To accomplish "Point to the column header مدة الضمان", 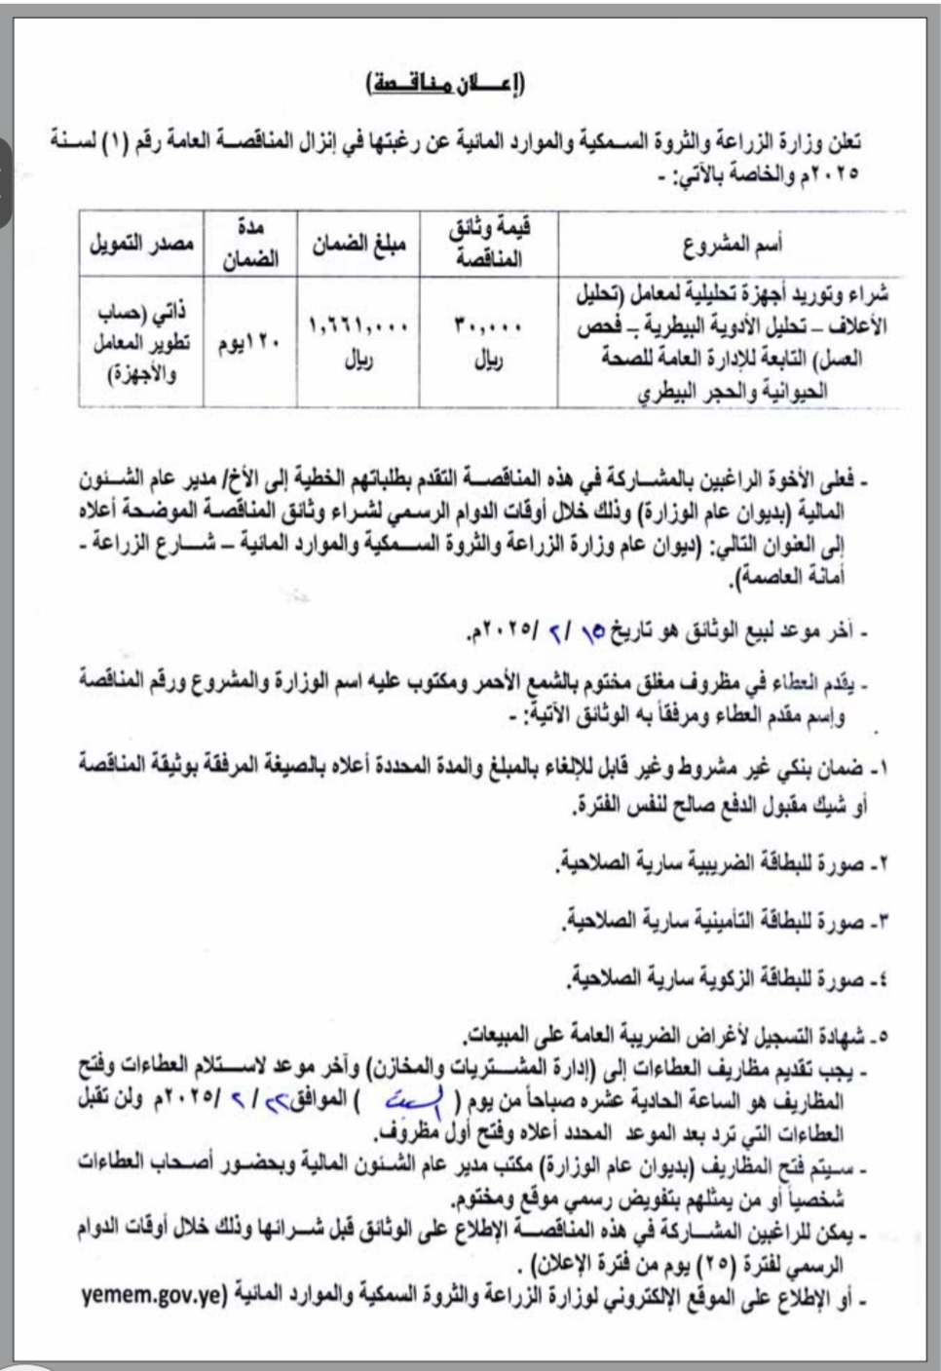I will [250, 243].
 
